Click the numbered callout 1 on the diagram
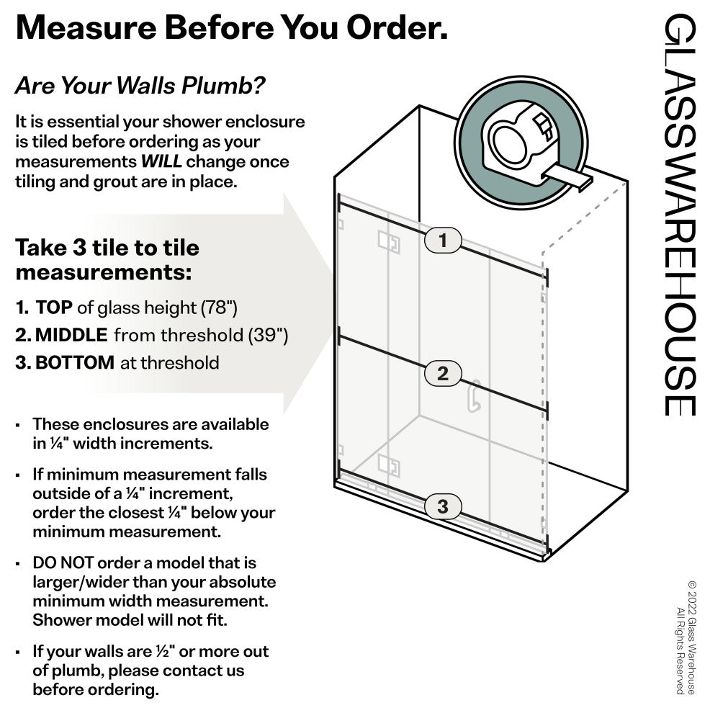tap(443, 241)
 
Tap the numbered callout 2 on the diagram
tap(443, 373)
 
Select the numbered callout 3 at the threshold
tap(443, 506)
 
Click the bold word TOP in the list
tap(54, 308)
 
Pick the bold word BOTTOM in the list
tap(74, 362)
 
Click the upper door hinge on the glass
tap(389, 243)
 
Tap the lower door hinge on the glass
tap(389, 465)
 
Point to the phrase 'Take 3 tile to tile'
tap(107, 248)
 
